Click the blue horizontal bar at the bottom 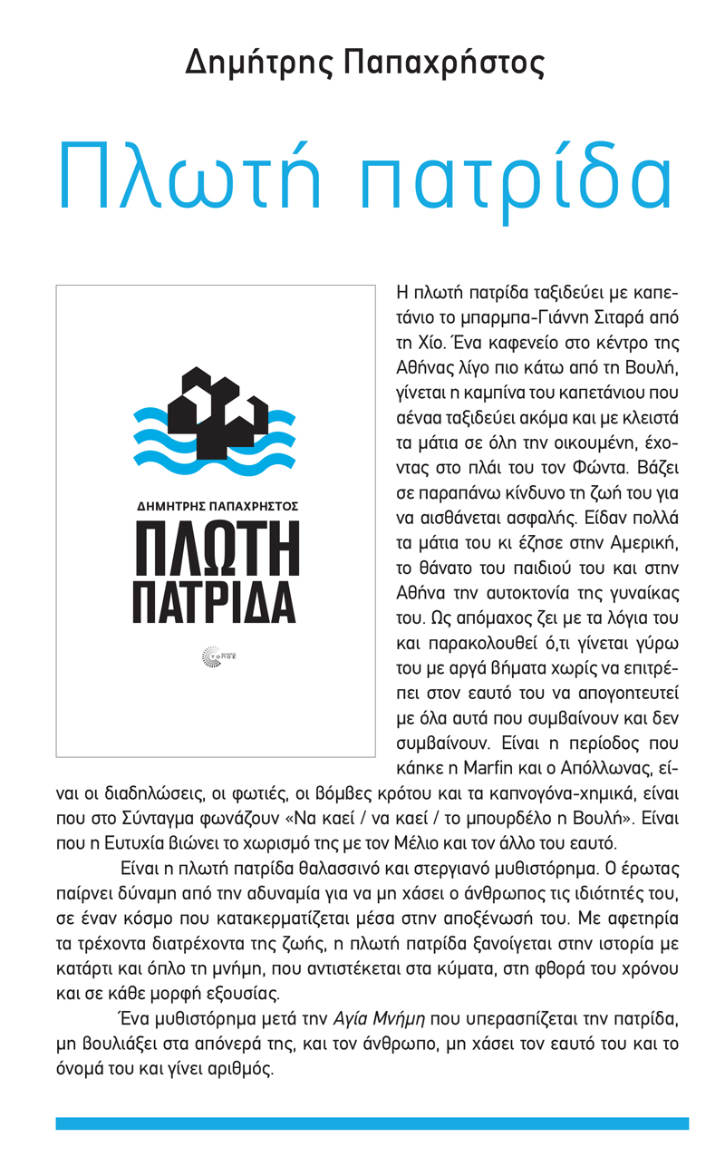pyautogui.click(x=372, y=1123)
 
